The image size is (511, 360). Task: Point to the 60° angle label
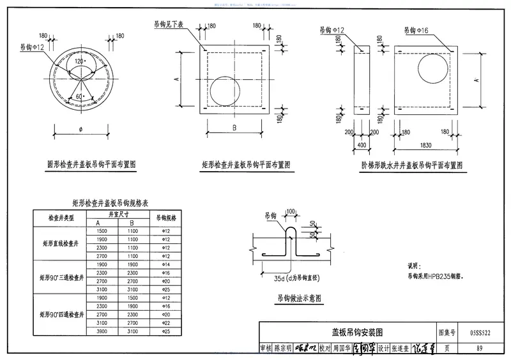[x=79, y=95]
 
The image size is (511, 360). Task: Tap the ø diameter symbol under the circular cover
[x=80, y=129]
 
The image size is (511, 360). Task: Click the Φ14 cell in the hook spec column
[x=165, y=263]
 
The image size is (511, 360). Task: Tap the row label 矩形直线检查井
[x=61, y=243]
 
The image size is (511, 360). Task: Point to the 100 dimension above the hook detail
[x=291, y=211]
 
